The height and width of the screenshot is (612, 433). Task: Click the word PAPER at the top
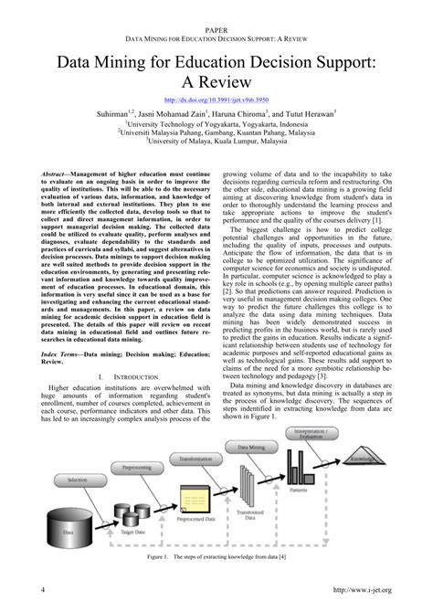point(216,30)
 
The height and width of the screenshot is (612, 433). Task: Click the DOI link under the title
point(216,99)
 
